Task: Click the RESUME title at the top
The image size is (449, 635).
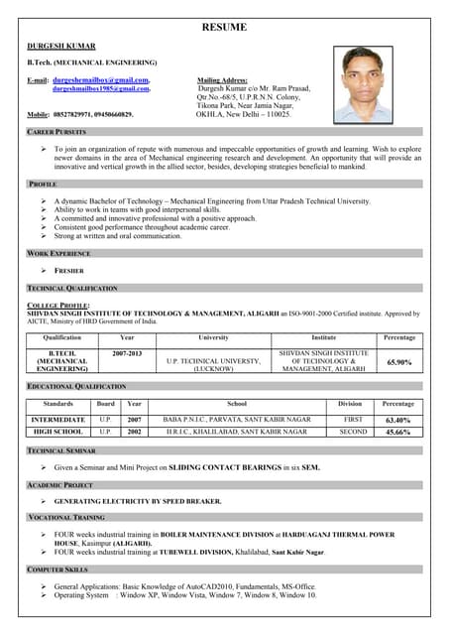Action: tap(224, 28)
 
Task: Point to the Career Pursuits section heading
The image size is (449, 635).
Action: tap(56, 132)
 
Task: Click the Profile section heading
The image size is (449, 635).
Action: tap(43, 185)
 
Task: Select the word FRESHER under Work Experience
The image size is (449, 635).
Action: tap(68, 270)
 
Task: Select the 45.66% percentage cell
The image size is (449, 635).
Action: tap(398, 433)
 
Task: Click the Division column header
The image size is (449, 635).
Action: tap(350, 405)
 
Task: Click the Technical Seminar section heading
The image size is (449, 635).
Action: tap(60, 450)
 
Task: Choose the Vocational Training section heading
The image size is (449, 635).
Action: tap(65, 517)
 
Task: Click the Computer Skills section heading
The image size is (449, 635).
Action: tap(57, 570)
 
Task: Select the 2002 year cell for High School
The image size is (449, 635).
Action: tap(134, 433)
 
